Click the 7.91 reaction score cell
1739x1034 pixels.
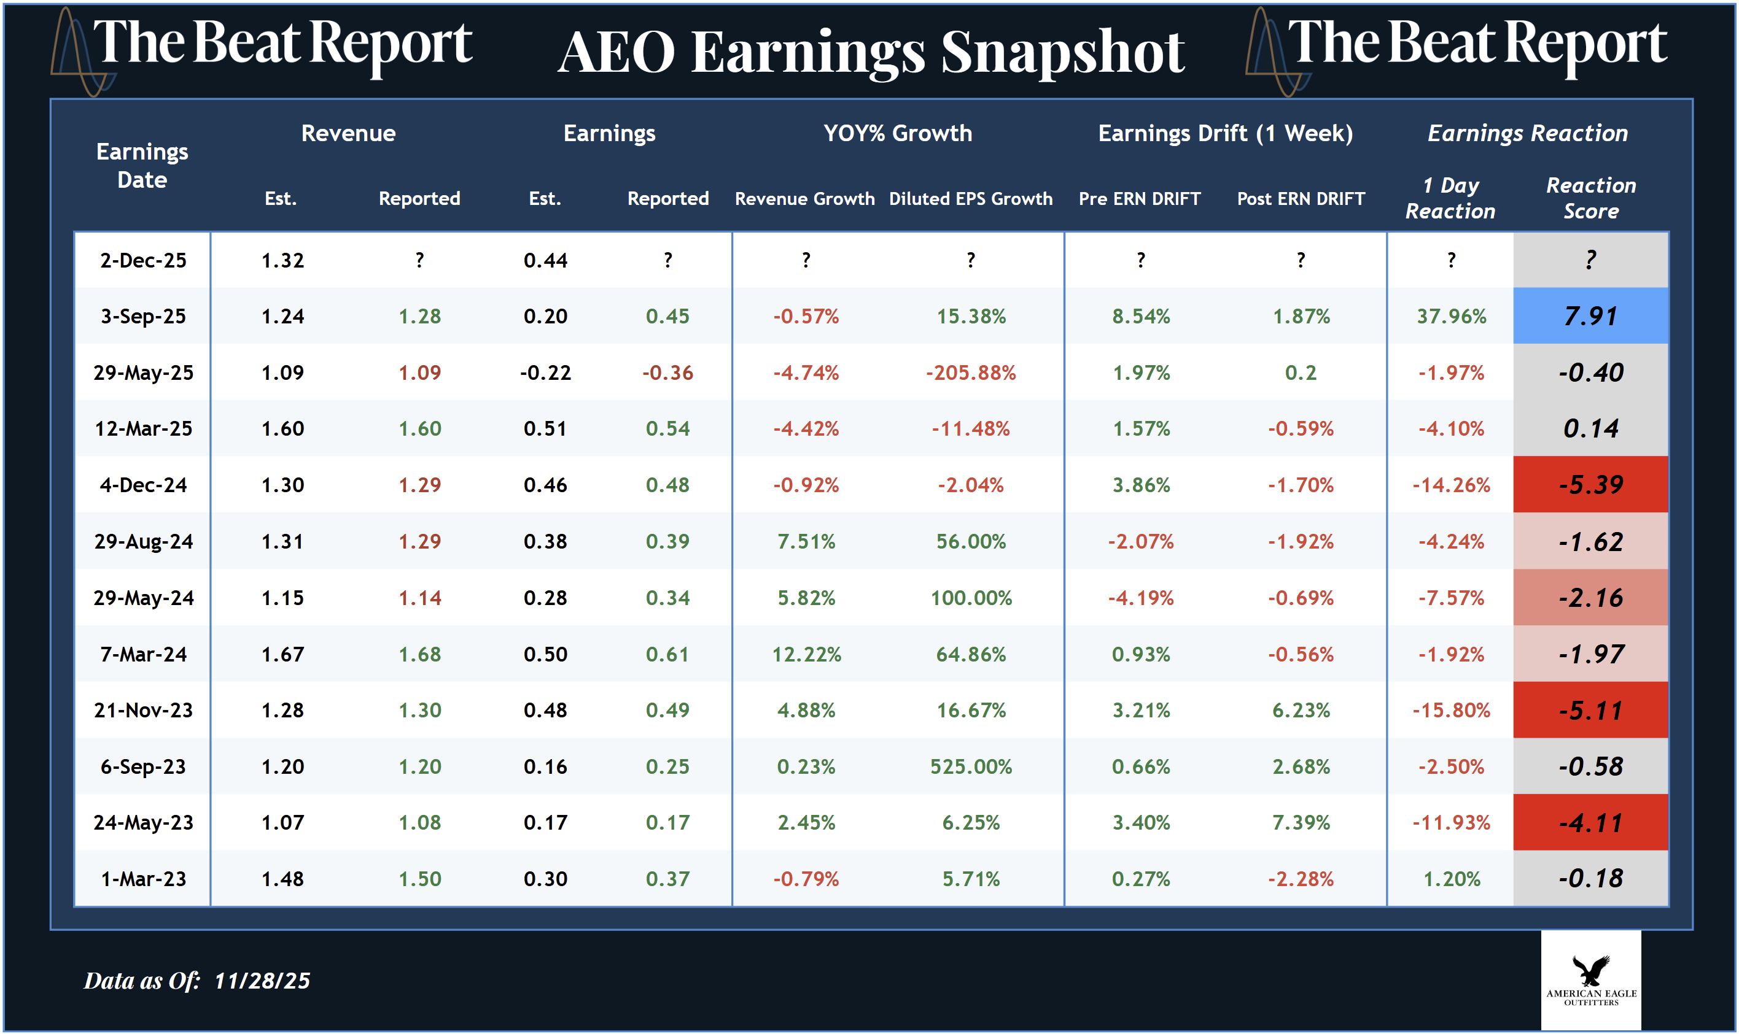coord(1590,316)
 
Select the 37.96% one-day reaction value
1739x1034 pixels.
coord(1451,316)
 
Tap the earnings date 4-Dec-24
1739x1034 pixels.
coord(143,485)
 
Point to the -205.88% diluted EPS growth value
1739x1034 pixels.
coord(970,372)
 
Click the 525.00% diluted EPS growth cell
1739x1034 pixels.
coord(970,766)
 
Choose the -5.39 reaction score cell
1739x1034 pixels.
coord(1590,485)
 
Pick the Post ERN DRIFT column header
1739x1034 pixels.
coord(1301,199)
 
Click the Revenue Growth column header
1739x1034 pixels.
coord(804,199)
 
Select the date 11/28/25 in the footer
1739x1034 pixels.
coord(262,981)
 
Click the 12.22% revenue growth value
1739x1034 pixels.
coord(806,654)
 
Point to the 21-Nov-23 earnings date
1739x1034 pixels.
coord(143,710)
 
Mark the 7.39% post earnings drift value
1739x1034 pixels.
coord(1301,823)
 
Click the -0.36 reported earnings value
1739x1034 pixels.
coord(667,372)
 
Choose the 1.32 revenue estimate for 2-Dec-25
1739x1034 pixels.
coord(282,261)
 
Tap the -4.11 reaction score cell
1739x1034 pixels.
coord(1590,823)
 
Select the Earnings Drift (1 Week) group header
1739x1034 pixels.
coord(1224,133)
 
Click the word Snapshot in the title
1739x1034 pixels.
coord(1062,52)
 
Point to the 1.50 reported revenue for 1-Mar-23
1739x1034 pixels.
coord(419,879)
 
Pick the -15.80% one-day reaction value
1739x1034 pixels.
coord(1451,710)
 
